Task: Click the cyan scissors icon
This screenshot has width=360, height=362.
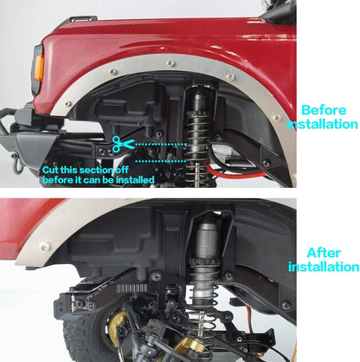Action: [x=123, y=144]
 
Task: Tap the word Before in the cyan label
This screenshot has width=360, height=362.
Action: [x=324, y=110]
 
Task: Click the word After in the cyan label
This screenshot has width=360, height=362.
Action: [x=324, y=253]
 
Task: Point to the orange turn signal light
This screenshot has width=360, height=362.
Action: [x=39, y=68]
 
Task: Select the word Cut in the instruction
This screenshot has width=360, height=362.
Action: [x=50, y=170]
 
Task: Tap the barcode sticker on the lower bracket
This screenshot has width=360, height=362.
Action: [x=132, y=288]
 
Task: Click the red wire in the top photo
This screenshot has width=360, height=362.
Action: [x=231, y=174]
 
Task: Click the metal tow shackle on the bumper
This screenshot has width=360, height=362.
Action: [x=18, y=165]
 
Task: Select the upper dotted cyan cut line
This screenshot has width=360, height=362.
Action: [x=161, y=144]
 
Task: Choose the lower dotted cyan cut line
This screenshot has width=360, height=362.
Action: [x=161, y=161]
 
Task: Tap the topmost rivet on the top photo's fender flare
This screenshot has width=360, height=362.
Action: [x=170, y=62]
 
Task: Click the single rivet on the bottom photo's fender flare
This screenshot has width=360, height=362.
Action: [x=45, y=247]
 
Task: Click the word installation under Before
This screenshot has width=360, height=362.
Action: [x=322, y=124]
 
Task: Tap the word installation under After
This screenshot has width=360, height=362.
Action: [x=324, y=267]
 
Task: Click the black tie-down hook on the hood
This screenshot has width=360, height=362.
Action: [x=80, y=19]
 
